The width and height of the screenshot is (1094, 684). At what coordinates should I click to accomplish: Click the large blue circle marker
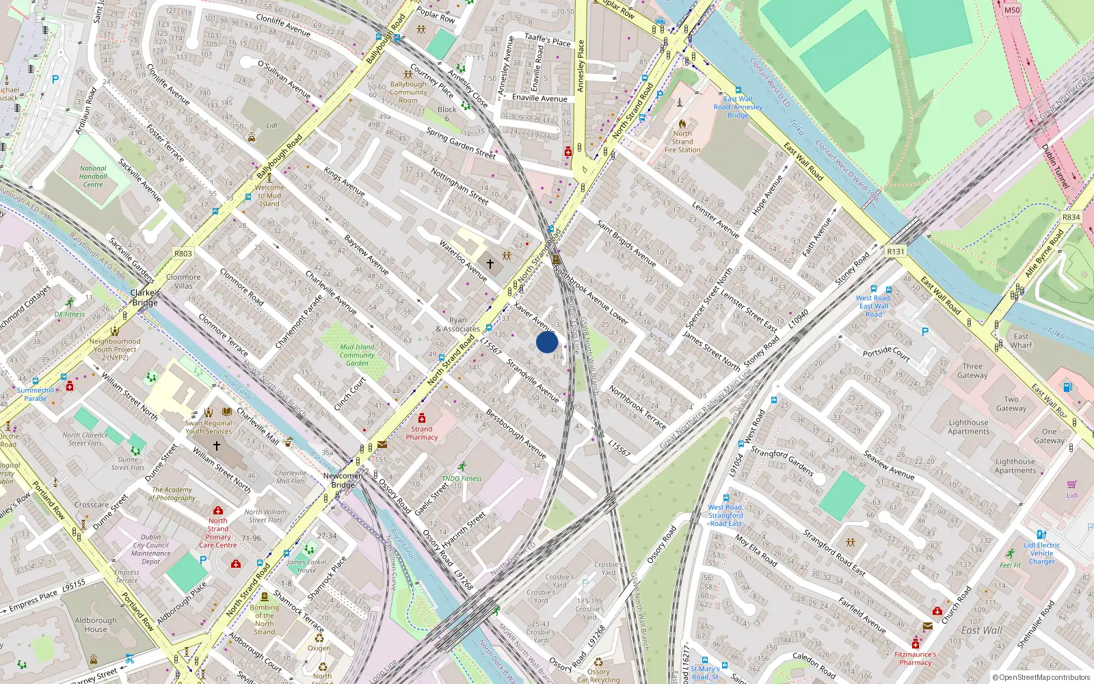pyautogui.click(x=547, y=342)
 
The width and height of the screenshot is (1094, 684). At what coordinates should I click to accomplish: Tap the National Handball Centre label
pyautogui.click(x=93, y=176)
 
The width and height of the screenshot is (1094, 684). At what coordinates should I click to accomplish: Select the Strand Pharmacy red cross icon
pyautogui.click(x=422, y=419)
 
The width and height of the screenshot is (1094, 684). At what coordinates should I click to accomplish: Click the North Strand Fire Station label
pyautogui.click(x=682, y=142)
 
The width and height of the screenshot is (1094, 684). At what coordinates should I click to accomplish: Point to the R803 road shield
pyautogui.click(x=183, y=253)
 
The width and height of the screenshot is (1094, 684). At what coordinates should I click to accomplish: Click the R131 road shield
pyautogui.click(x=895, y=252)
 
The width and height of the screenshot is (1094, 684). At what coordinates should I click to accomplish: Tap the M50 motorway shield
pyautogui.click(x=1012, y=10)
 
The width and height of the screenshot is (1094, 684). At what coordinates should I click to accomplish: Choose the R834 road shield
pyautogui.click(x=1071, y=217)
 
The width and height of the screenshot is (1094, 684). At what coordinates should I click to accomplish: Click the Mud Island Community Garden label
pyautogui.click(x=357, y=355)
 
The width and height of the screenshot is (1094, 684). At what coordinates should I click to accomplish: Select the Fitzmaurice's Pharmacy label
pyautogui.click(x=916, y=658)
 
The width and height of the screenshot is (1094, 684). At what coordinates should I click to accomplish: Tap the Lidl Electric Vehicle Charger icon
pyautogui.click(x=1041, y=535)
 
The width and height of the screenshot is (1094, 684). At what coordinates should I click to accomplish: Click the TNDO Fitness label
pyautogui.click(x=462, y=479)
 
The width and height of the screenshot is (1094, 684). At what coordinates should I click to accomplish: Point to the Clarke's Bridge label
pyautogui.click(x=145, y=298)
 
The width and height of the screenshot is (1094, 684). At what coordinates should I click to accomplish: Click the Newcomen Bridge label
pyautogui.click(x=343, y=480)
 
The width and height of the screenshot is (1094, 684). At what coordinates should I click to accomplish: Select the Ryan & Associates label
pyautogui.click(x=458, y=324)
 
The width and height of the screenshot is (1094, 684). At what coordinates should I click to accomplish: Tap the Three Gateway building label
pyautogui.click(x=972, y=371)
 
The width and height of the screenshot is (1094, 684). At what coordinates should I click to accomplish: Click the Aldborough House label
pyautogui.click(x=96, y=624)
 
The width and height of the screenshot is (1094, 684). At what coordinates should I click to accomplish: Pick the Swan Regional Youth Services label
pyautogui.click(x=209, y=427)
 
